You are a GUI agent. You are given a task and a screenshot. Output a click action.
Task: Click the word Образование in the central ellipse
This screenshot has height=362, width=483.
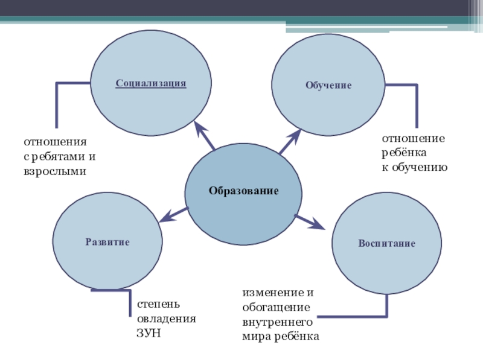tap(243, 191)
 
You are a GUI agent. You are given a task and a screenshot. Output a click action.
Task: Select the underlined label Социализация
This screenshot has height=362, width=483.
tap(151, 83)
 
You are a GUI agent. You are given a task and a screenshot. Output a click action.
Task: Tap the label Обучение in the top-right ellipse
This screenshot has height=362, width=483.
tap(328, 86)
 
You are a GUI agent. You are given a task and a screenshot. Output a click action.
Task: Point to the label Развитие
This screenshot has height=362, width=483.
tap(107, 242)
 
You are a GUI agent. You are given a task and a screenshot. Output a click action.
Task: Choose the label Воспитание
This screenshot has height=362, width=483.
tap(387, 244)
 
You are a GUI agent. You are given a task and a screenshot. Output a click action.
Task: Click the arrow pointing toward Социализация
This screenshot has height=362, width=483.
tap(205, 136)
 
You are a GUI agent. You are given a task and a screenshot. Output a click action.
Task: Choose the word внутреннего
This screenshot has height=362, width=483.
tap(277, 322)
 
